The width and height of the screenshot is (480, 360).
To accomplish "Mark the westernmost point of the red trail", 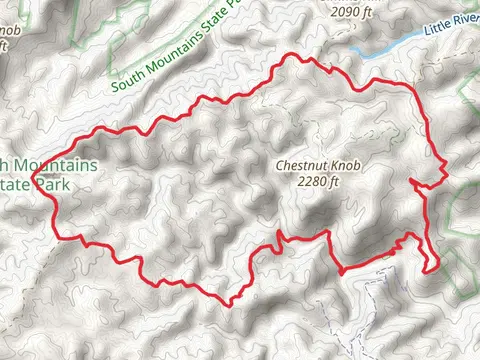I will tap(33, 181).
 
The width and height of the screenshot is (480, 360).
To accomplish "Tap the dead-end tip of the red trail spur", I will tap(412, 179).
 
